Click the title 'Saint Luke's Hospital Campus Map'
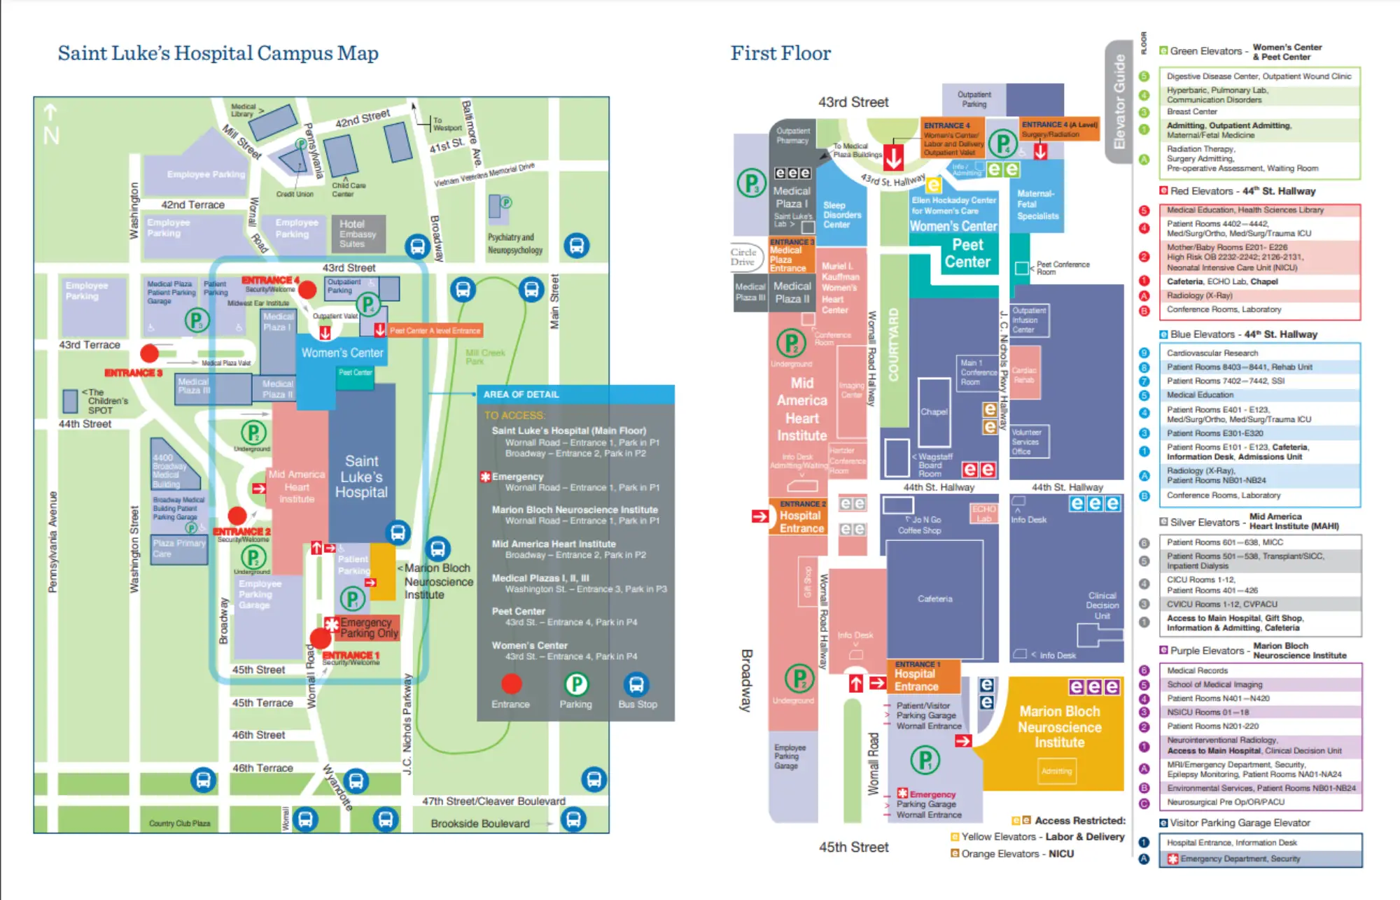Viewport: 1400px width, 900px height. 218,53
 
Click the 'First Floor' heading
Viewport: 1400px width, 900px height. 780,53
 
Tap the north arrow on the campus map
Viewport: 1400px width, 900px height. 51,125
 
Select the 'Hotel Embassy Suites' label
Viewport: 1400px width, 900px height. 357,234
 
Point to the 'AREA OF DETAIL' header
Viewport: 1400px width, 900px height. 521,394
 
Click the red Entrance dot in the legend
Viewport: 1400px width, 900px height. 511,684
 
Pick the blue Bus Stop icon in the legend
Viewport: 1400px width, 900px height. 636,684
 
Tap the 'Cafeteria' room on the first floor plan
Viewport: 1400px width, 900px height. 934,599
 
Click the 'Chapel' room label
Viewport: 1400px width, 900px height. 934,412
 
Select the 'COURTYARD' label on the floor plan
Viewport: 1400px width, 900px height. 893,345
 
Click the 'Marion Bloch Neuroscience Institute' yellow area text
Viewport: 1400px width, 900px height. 1059,727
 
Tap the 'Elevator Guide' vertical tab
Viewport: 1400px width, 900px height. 1119,102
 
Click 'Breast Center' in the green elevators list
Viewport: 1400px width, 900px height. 1191,112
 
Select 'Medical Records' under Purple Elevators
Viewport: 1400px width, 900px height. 1197,670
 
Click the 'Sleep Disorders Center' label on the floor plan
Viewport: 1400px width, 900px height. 841,215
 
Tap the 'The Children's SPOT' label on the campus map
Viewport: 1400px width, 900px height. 105,401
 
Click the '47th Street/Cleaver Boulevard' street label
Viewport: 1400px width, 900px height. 493,801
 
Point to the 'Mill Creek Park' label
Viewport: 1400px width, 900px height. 484,357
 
